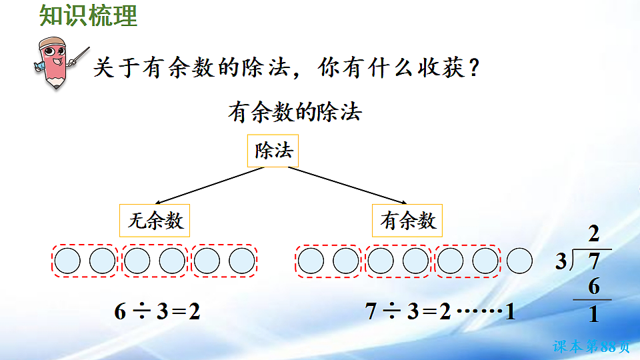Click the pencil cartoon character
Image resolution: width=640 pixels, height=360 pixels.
click(x=55, y=62)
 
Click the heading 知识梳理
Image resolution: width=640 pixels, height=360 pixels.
click(x=89, y=16)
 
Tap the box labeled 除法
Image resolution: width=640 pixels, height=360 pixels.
click(x=273, y=151)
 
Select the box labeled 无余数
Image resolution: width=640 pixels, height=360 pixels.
click(x=155, y=221)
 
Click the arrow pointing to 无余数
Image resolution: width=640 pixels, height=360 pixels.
click(x=207, y=186)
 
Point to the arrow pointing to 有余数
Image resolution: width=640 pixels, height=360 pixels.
click(x=347, y=186)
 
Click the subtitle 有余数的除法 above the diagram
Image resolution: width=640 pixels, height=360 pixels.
click(x=294, y=111)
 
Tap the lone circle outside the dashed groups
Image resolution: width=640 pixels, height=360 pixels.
click(x=520, y=261)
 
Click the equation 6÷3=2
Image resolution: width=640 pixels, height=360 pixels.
click(x=157, y=311)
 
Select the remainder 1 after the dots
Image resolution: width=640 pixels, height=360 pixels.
click(x=510, y=311)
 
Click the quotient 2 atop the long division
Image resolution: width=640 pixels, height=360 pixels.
click(x=593, y=234)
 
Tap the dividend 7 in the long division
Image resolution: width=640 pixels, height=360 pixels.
click(x=594, y=261)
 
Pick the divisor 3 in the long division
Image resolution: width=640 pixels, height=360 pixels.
click(x=561, y=261)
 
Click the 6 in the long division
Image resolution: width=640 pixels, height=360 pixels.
click(x=593, y=287)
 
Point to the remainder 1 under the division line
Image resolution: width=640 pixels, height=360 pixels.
click(x=593, y=313)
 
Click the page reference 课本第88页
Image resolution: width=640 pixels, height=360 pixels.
click(x=591, y=347)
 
